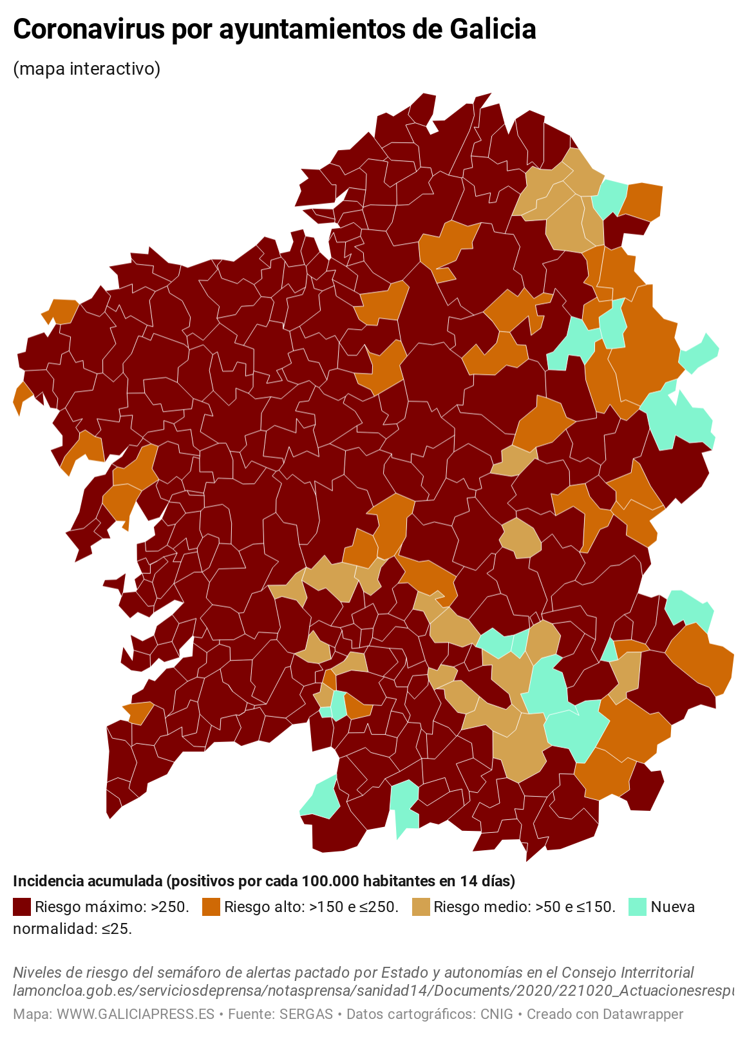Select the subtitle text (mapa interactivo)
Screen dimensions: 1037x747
pyautogui.click(x=86, y=68)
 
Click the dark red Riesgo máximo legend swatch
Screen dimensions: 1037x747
pyautogui.click(x=22, y=907)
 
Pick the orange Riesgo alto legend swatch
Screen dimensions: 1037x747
pyautogui.click(x=211, y=907)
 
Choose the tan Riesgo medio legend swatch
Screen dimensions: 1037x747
pyautogui.click(x=421, y=907)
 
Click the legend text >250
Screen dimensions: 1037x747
pyautogui.click(x=170, y=907)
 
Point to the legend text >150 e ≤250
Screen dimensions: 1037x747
pyautogui.click(x=354, y=907)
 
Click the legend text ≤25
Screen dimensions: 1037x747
pyautogui.click(x=117, y=929)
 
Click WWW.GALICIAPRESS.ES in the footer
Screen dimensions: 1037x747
pyautogui.click(x=135, y=1014)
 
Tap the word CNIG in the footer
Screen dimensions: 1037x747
pyautogui.click(x=496, y=1014)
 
